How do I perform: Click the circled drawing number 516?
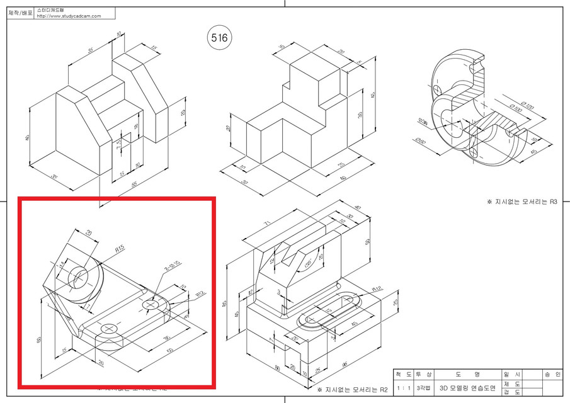point(219,38)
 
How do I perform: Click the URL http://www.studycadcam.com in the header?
point(69,16)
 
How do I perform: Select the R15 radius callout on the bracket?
point(120,249)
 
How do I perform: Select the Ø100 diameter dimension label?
point(515,111)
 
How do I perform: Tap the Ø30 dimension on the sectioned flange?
point(422,122)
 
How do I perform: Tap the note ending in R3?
point(522,202)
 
